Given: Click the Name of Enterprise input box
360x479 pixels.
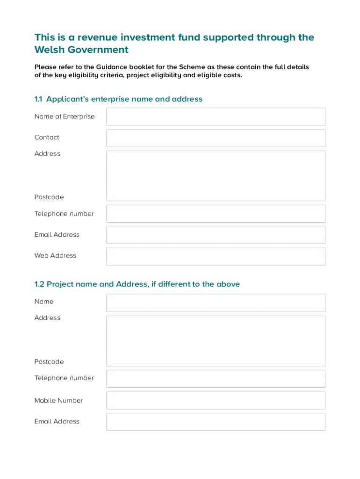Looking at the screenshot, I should coord(216,116).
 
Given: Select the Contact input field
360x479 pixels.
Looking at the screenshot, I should coord(216,138).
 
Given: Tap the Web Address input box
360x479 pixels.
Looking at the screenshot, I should coord(216,256).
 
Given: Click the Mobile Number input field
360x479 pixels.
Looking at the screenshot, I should coord(216,400).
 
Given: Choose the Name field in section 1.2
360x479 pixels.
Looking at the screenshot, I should coord(216,303).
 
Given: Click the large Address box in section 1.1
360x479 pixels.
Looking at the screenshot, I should coord(216,176).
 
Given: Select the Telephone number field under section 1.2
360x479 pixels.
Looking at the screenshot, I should coord(216,379).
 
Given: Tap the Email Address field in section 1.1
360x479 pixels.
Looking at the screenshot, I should coord(216,235).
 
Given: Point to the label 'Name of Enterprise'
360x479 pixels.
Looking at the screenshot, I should coord(64,116).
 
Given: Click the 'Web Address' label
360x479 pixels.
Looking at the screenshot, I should coord(55,255).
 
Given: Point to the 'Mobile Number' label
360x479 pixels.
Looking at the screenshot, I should coord(58,400).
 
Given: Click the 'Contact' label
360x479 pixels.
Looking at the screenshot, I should coord(47,137).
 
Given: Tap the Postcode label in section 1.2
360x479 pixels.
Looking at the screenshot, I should coord(49,362).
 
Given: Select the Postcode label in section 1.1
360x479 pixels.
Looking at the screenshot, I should coord(49,197).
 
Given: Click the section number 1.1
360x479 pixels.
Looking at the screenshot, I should coord(38,99).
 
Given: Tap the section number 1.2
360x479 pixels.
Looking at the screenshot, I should coord(39,284).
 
